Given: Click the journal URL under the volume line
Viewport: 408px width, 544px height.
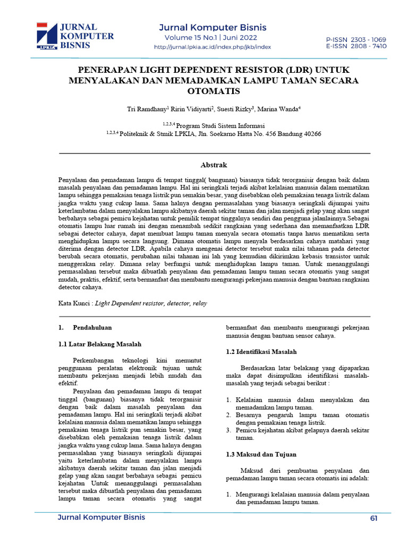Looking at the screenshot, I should coord(212,47).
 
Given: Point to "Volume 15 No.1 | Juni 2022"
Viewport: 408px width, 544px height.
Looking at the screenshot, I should coord(211,38).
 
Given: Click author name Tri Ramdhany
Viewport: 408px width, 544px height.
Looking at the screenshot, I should coord(147,109).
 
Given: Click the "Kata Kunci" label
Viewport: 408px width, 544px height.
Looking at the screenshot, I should coord(74,303).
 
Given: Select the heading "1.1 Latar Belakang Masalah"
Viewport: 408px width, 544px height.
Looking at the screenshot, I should coord(100,344).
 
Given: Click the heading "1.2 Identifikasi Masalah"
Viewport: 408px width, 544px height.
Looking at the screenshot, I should coord(261,352).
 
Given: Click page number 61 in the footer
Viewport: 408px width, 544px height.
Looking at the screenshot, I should coord(373,518).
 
